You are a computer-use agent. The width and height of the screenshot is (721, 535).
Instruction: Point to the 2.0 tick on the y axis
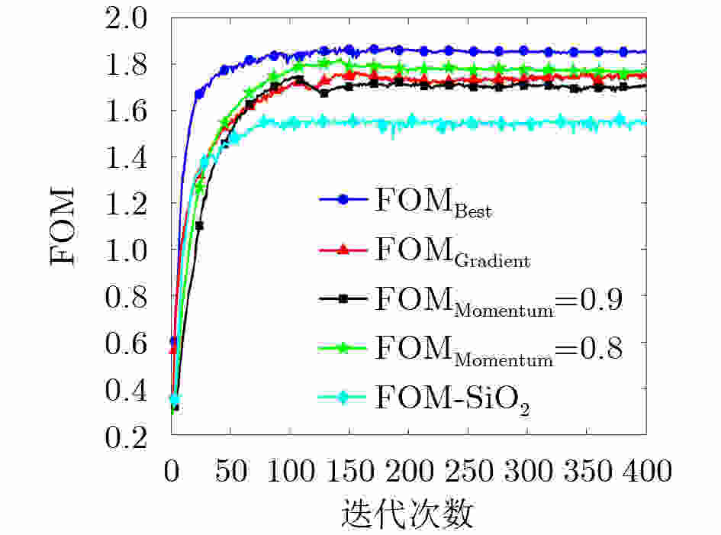point(136,18)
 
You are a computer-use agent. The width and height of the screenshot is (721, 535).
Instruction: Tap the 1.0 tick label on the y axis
point(136,250)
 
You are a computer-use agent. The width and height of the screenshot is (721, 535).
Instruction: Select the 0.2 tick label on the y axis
point(136,437)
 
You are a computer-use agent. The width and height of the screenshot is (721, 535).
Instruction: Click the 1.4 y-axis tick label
point(136,157)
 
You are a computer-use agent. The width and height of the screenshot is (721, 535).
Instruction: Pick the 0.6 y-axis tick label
point(136,343)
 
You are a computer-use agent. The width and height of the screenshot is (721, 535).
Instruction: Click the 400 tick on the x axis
point(645,471)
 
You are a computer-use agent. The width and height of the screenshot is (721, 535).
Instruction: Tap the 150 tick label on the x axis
point(349,471)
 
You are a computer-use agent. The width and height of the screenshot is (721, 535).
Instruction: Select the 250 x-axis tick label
point(468,471)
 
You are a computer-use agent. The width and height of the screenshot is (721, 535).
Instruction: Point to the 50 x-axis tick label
point(231,471)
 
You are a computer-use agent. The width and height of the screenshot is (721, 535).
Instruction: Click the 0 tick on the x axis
point(172,471)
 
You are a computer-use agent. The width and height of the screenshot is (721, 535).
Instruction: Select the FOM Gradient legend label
point(452,251)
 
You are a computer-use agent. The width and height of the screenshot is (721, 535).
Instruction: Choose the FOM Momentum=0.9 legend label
point(498,301)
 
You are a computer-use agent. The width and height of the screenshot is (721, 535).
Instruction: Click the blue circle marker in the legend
point(343,199)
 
